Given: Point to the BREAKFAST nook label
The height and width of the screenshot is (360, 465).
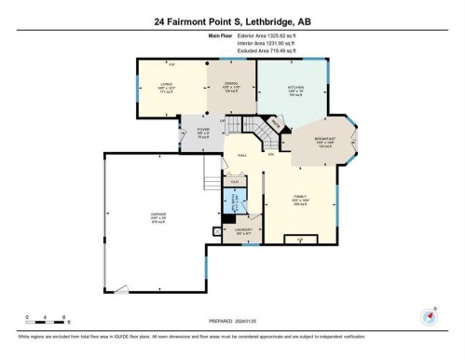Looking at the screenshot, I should coord(324,143).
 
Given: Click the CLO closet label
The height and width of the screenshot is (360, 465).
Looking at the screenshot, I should coord(235,181).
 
